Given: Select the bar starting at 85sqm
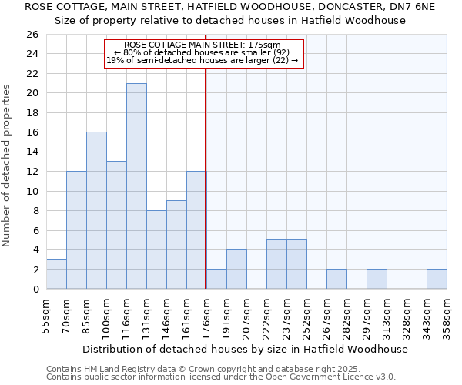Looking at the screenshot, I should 96,210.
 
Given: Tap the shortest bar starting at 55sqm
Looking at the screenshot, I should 56,274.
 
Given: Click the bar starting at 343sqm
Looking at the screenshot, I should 437,279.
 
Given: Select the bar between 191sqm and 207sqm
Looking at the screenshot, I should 236,269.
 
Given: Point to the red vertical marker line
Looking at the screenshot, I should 206,177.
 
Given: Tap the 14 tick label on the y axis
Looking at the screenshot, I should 32,152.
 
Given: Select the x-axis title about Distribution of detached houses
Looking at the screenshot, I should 246,349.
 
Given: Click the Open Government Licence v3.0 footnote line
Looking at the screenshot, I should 221,377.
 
